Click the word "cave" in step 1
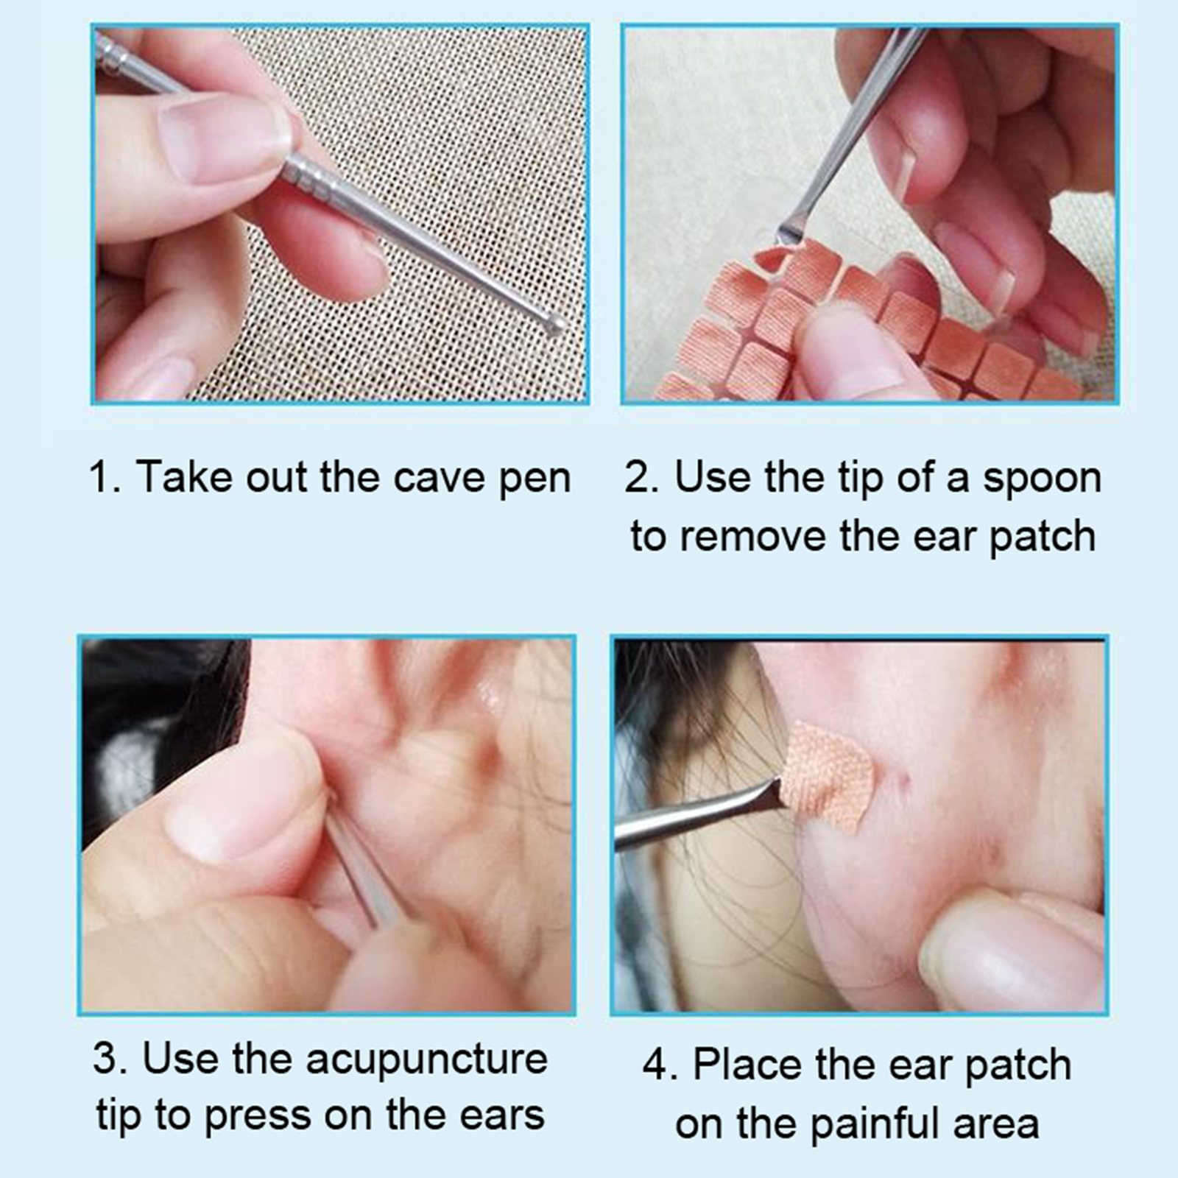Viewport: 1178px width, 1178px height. point(438,478)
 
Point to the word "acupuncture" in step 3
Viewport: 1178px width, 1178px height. point(427,1061)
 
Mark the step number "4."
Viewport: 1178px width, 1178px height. point(660,1066)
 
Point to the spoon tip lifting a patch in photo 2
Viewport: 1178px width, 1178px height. point(789,235)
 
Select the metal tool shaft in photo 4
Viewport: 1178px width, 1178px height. point(696,816)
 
